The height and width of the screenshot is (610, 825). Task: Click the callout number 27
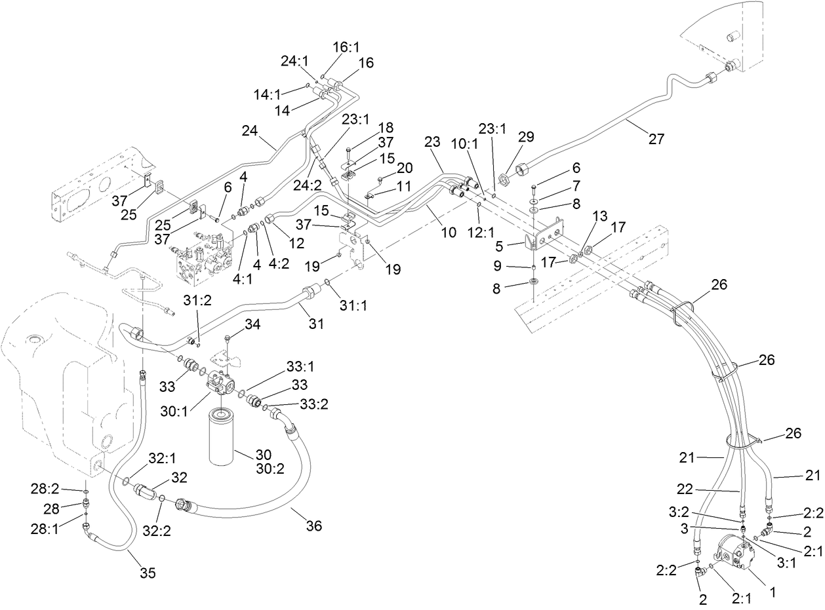point(656,139)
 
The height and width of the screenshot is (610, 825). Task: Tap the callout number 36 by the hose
point(314,525)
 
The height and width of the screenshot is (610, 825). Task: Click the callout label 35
point(148,573)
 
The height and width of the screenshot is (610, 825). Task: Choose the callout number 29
point(526,136)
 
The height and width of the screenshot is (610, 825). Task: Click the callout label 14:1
point(268,94)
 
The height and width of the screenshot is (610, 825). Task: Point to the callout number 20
point(405,167)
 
